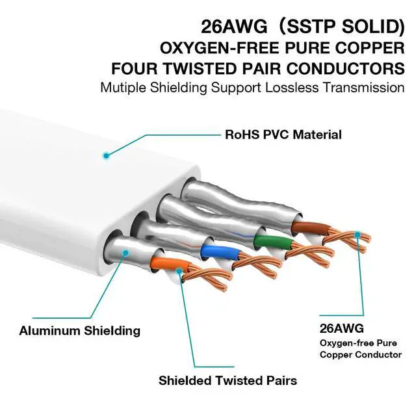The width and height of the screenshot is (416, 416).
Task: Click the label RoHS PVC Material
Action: pyautogui.click(x=283, y=135)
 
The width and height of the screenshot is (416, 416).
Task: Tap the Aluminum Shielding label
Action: pyautogui.click(x=79, y=330)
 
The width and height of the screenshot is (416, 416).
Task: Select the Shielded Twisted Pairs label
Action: pyautogui.click(x=227, y=380)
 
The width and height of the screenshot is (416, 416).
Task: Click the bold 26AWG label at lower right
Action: pyautogui.click(x=341, y=328)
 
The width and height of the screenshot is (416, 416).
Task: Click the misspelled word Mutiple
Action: pyautogui.click(x=124, y=87)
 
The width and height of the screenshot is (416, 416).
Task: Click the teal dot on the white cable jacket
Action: pyautogui.click(x=105, y=155)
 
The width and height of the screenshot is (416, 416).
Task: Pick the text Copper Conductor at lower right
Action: pyautogui.click(x=360, y=354)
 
